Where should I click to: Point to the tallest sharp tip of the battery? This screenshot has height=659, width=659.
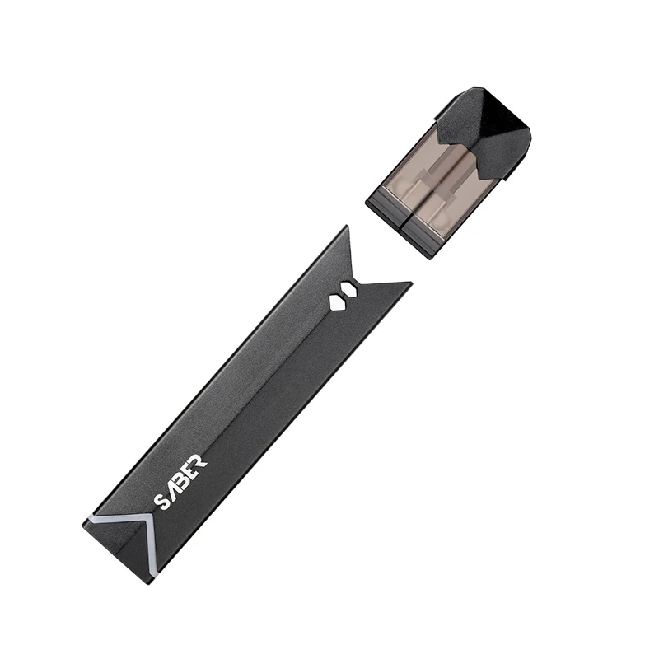coord(347,227)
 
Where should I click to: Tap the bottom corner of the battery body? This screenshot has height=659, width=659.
coord(151,582)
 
